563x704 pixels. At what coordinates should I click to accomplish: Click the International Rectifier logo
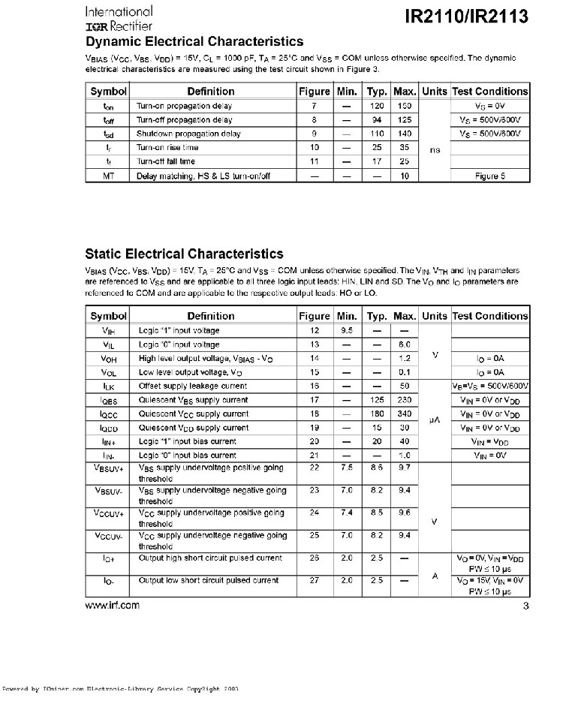pyautogui.click(x=119, y=19)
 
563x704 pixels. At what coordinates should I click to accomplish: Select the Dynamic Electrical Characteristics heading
pyautogui.click(x=194, y=41)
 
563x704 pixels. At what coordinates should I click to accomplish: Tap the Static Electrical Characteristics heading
pyautogui.click(x=184, y=254)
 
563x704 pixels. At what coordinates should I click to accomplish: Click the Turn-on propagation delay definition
pyautogui.click(x=184, y=106)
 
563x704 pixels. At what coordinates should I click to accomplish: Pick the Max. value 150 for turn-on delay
pyautogui.click(x=405, y=106)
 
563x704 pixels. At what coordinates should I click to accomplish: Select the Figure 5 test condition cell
pyautogui.click(x=490, y=176)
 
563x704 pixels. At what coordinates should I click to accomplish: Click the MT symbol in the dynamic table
pyautogui.click(x=109, y=176)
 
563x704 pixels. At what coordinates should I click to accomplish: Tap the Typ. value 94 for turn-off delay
pyautogui.click(x=377, y=119)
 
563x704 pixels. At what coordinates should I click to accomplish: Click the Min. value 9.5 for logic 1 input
pyautogui.click(x=346, y=330)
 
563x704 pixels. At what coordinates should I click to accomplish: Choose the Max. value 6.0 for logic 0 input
pyautogui.click(x=405, y=344)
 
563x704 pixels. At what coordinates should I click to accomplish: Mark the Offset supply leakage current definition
pyautogui.click(x=193, y=386)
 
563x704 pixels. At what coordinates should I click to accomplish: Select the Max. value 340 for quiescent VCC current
pyautogui.click(x=405, y=414)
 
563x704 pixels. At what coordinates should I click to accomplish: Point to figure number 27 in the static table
pyautogui.click(x=315, y=580)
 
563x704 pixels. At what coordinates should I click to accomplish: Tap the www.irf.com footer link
pyautogui.click(x=113, y=606)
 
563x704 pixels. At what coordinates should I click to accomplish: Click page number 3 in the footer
pyautogui.click(x=525, y=606)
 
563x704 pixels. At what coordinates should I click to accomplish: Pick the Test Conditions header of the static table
pyautogui.click(x=490, y=316)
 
